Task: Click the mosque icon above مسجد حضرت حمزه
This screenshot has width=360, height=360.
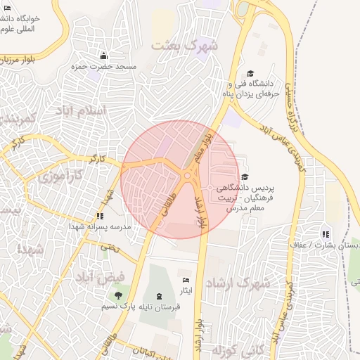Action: pyautogui.click(x=104, y=56)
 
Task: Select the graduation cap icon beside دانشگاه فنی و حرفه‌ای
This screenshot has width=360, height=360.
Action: pyautogui.click(x=250, y=74)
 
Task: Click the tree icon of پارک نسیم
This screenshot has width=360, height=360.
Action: pyautogui.click(x=118, y=295)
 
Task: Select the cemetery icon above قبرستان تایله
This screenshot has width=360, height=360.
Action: pyautogui.click(x=158, y=296)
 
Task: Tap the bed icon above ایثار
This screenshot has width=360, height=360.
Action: pyautogui.click(x=186, y=280)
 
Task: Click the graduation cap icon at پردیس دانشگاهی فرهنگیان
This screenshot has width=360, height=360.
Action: pyautogui.click(x=245, y=177)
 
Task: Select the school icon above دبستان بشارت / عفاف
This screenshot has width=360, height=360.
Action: pyautogui.click(x=325, y=234)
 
